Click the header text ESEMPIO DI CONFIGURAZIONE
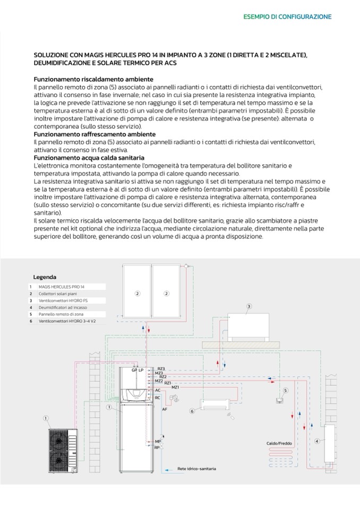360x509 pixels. point(287,17)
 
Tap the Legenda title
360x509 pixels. point(45,277)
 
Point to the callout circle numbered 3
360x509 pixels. point(249,306)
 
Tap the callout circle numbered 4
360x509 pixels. point(317,441)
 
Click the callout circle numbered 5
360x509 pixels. point(285,391)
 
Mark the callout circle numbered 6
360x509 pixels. point(192,410)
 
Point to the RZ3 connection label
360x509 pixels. point(161,368)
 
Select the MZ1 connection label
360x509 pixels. point(175,387)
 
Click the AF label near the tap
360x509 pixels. point(165,409)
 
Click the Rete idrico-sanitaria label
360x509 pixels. point(196,469)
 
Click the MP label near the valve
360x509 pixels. point(158,442)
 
